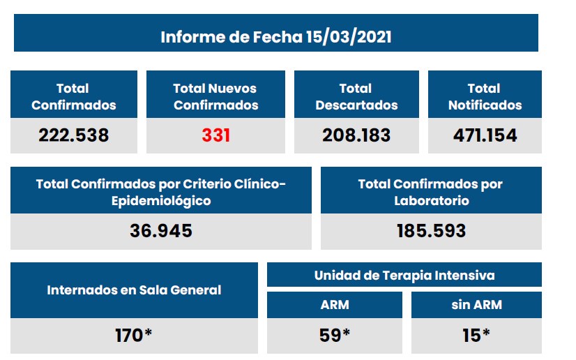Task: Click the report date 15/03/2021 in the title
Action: point(348,36)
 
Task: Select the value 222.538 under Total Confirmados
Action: point(73,135)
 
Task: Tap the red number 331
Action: point(216,135)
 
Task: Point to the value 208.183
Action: point(356,135)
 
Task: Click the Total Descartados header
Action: point(356,97)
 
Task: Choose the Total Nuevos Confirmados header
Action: point(215,97)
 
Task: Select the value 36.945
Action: point(161,230)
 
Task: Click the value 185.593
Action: point(431,230)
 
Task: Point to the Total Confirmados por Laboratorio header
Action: point(430,192)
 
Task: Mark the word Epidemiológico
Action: point(161,201)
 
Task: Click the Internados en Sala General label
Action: point(134,290)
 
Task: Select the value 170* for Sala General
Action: point(134,335)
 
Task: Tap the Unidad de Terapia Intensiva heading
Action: point(404,275)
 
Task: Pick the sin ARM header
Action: point(476,305)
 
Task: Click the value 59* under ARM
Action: point(334,335)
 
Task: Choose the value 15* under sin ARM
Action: point(476,335)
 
